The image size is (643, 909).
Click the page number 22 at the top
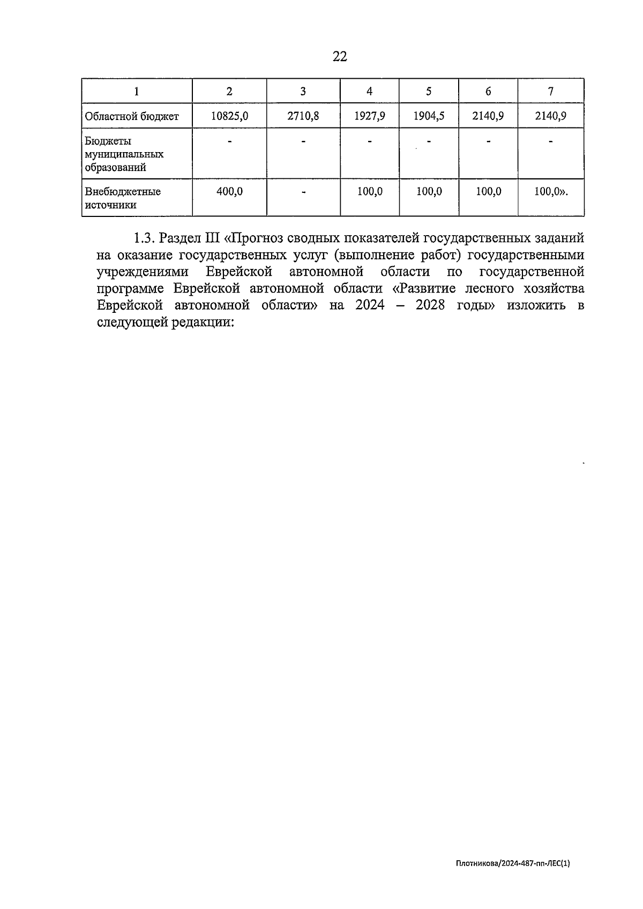pyautogui.click(x=340, y=57)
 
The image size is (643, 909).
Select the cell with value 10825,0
pyautogui.click(x=229, y=116)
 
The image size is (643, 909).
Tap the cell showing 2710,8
pyautogui.click(x=303, y=116)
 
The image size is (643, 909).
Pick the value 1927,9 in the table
pyautogui.click(x=369, y=116)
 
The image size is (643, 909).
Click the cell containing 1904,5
pyautogui.click(x=429, y=116)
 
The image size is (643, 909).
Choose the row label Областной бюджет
pyautogui.click(x=132, y=116)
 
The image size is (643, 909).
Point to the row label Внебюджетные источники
pyautogui.click(x=123, y=198)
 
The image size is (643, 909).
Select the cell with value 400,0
pyautogui.click(x=229, y=191)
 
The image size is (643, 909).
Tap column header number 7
pyautogui.click(x=551, y=91)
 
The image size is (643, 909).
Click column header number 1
pyautogui.click(x=137, y=91)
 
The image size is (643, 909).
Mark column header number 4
pyautogui.click(x=369, y=91)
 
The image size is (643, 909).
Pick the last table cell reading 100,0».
pyautogui.click(x=551, y=191)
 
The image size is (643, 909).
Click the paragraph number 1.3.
pyautogui.click(x=144, y=238)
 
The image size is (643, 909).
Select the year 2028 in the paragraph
pyautogui.click(x=429, y=306)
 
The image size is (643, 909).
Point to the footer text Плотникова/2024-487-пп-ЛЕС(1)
pyautogui.click(x=513, y=863)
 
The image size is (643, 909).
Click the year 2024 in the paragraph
pyautogui.click(x=369, y=306)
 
